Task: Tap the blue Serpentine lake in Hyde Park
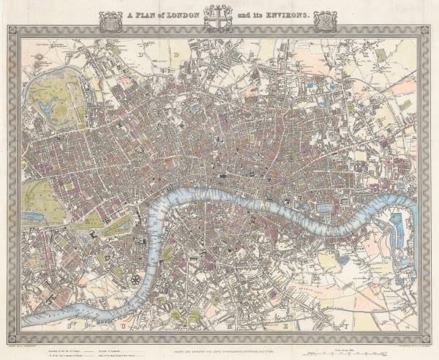pyautogui.click(x=34, y=216)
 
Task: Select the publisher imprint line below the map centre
pyautogui.click(x=219, y=337)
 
